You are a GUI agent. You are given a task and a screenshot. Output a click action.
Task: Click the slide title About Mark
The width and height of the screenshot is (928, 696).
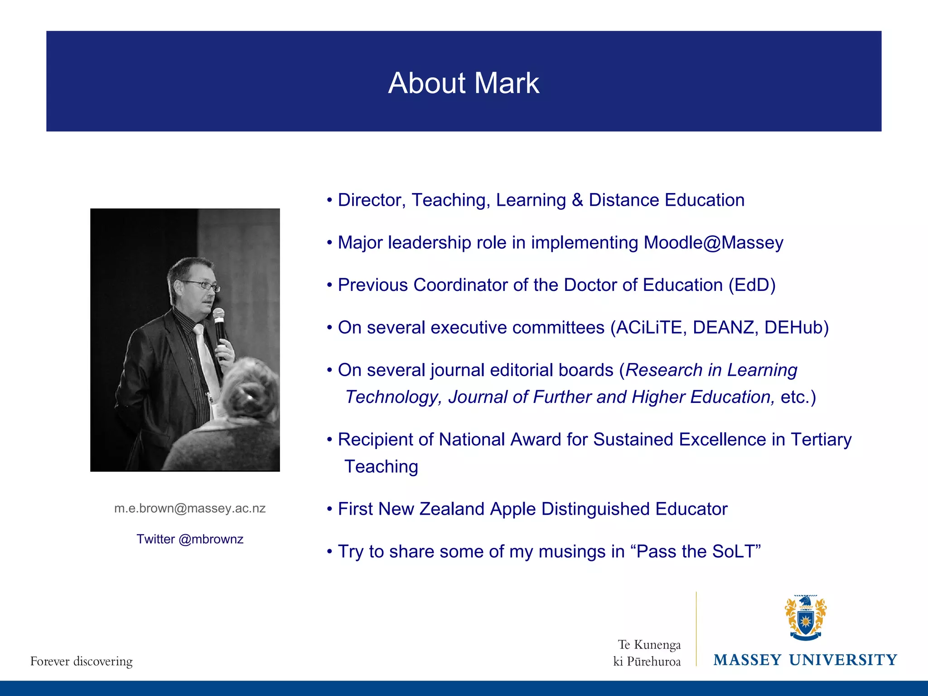464,83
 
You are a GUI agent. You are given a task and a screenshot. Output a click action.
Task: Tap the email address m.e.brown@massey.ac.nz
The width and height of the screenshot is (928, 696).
190,508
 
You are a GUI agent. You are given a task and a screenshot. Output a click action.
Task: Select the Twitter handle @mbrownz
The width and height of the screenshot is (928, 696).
211,539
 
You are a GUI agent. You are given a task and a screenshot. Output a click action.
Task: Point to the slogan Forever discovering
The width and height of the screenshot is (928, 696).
82,661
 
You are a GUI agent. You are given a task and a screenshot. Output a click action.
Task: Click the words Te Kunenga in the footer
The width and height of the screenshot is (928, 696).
649,644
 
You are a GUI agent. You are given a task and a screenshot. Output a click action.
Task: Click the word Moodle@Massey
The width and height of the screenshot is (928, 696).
713,243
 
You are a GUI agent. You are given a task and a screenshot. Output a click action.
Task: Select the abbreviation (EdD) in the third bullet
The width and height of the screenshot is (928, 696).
752,285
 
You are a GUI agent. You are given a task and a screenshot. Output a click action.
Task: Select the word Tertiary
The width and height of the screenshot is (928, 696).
821,440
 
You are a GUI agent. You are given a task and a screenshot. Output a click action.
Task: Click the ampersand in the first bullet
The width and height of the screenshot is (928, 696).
577,200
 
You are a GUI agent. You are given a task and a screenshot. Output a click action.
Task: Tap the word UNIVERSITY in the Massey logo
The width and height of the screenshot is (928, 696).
843,660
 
